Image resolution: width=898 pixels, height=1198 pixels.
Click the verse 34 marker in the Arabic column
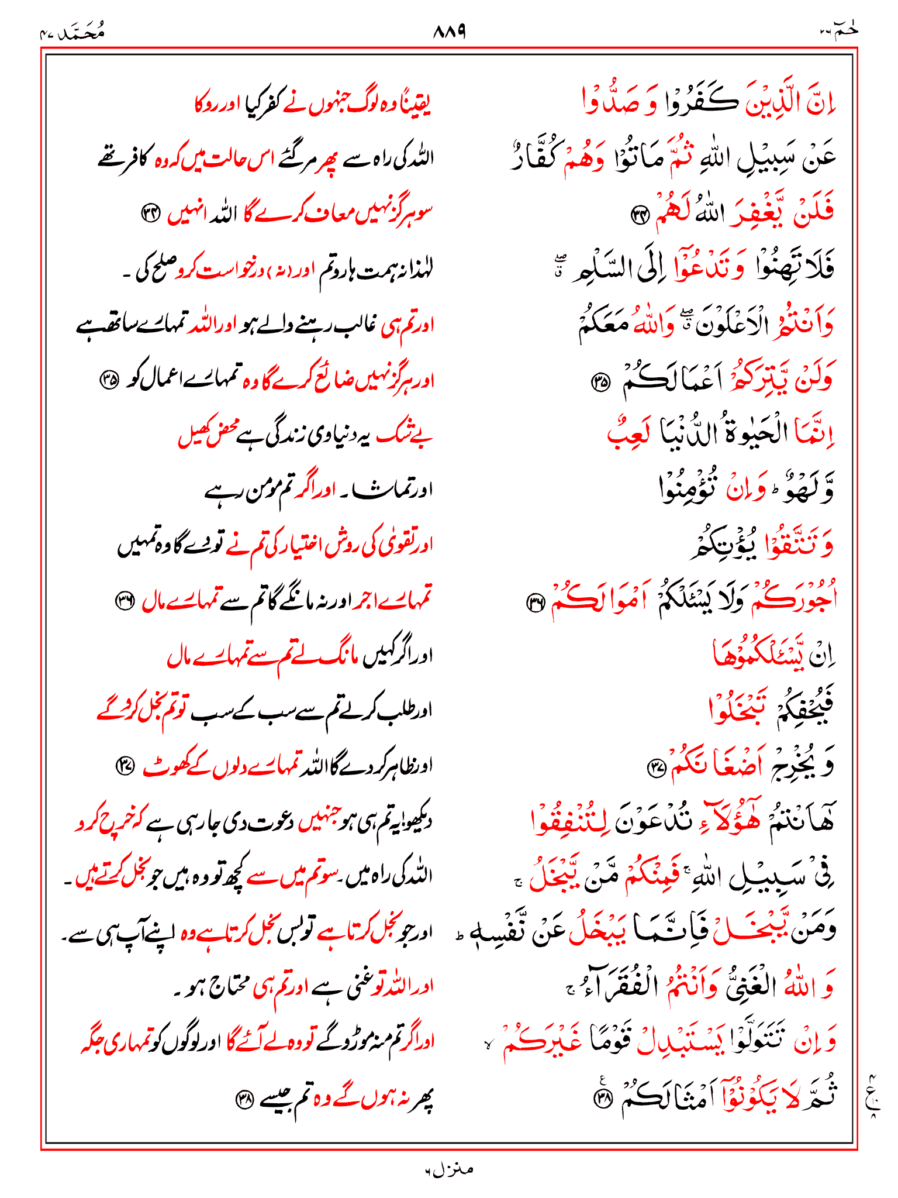[x=640, y=216]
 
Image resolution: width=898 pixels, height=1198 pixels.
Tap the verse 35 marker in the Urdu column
[x=109, y=381]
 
